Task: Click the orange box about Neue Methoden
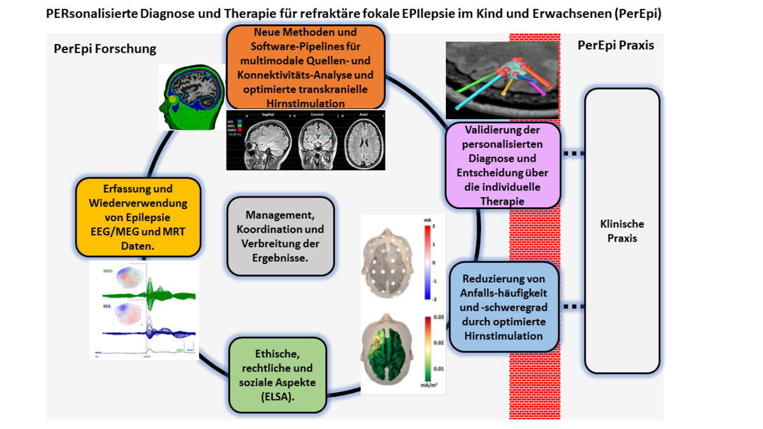(x=306, y=67)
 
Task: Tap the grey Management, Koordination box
(x=280, y=235)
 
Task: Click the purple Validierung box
(x=503, y=165)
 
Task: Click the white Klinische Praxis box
(x=621, y=231)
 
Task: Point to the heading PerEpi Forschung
(x=105, y=49)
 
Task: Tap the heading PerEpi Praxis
(x=616, y=45)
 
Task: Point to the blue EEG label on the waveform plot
(x=107, y=307)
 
